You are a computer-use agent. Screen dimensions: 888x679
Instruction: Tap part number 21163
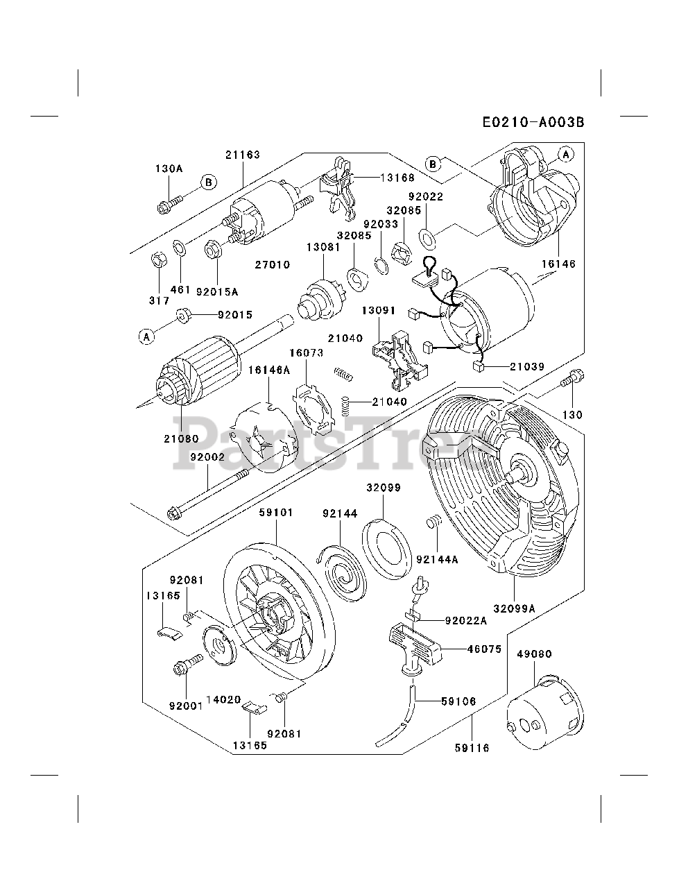tap(242, 155)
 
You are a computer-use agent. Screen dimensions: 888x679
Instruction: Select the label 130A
tap(169, 169)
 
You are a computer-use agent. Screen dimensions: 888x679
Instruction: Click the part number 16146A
tap(269, 370)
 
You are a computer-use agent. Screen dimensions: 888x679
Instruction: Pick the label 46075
tap(471, 649)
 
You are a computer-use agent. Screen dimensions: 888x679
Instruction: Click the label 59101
tap(276, 513)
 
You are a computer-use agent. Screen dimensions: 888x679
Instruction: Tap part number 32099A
tap(514, 608)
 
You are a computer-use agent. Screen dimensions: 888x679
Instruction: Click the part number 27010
tap(273, 264)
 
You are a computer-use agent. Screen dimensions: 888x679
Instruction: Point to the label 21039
tap(527, 366)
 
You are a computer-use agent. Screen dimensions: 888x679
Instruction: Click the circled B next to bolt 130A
tap(208, 182)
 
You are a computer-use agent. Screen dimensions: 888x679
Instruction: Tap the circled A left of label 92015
tap(146, 336)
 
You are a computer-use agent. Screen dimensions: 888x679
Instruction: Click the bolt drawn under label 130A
tap(169, 203)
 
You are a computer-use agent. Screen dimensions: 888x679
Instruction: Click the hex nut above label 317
tap(158, 262)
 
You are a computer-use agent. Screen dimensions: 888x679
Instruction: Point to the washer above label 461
tap(179, 247)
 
